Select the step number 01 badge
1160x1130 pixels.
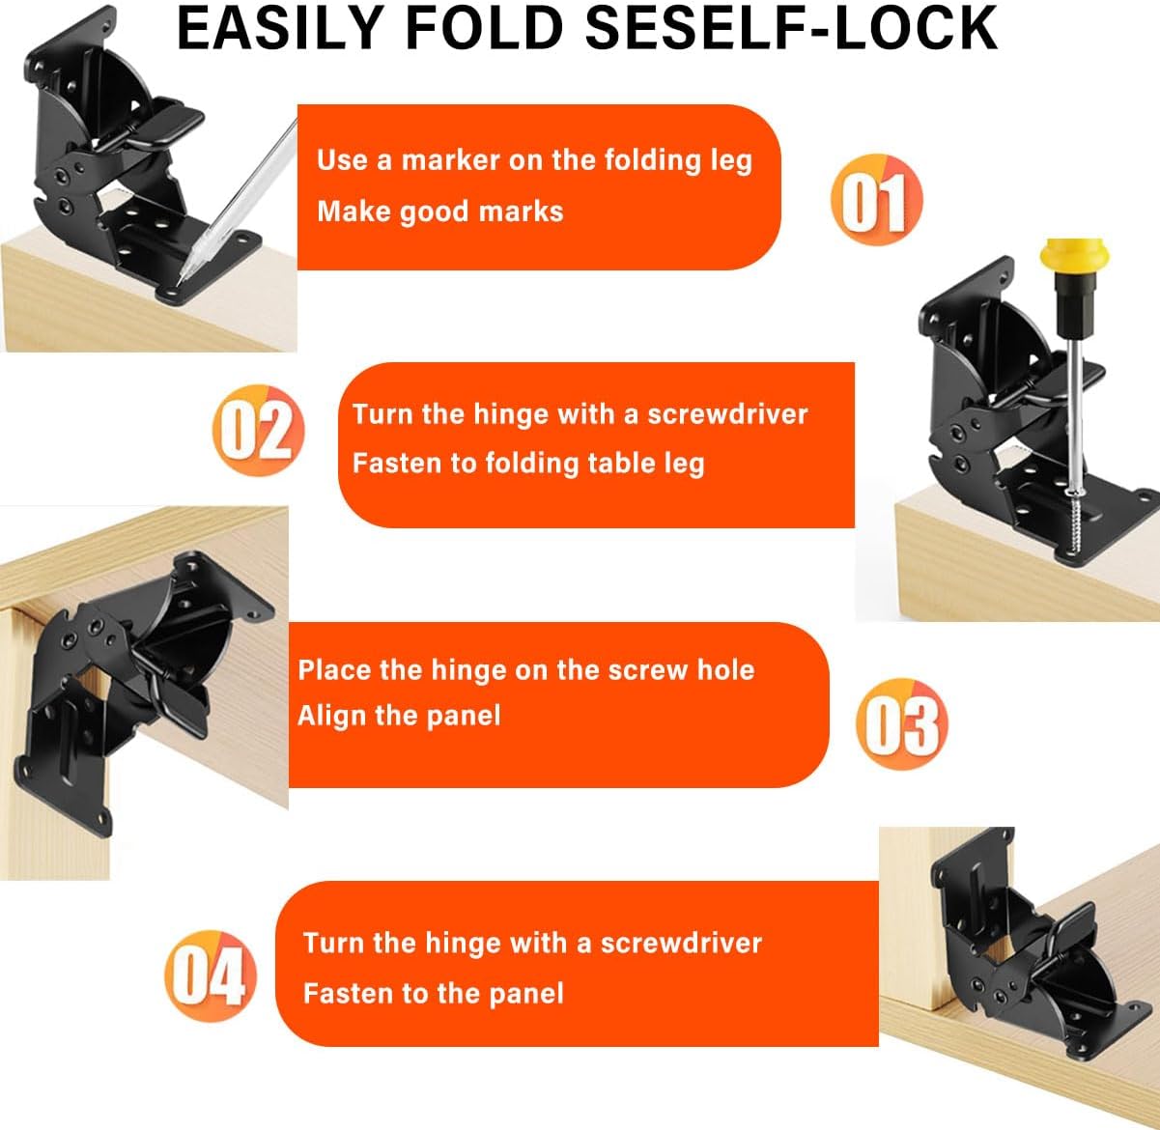[x=876, y=200]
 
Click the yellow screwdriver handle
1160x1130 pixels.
[x=1064, y=265]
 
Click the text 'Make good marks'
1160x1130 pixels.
[x=439, y=212]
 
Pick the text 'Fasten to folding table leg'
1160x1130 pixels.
[x=527, y=464]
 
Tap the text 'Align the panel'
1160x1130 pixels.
[x=399, y=716]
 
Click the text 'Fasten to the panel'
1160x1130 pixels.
[x=433, y=993]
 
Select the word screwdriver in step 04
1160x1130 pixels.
[x=681, y=943]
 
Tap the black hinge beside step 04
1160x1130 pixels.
[x=1014, y=956]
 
